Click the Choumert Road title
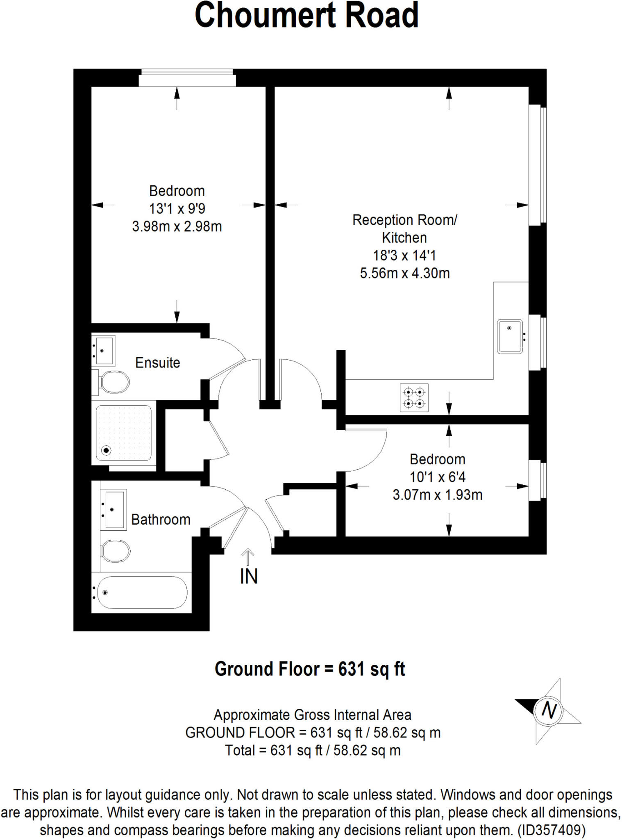[306, 16]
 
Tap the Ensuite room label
[157, 363]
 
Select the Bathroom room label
[161, 519]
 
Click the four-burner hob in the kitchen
[414, 397]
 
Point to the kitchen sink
[510, 337]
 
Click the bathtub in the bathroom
[141, 592]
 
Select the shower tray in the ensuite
[123, 433]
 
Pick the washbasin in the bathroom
[114, 510]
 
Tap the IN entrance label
[249, 576]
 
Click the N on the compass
[549, 710]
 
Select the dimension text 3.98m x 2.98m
[177, 226]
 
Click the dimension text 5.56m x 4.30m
[405, 273]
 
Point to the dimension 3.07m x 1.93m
[438, 495]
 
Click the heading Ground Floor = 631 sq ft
[310, 669]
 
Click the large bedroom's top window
[187, 78]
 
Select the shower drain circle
[107, 451]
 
